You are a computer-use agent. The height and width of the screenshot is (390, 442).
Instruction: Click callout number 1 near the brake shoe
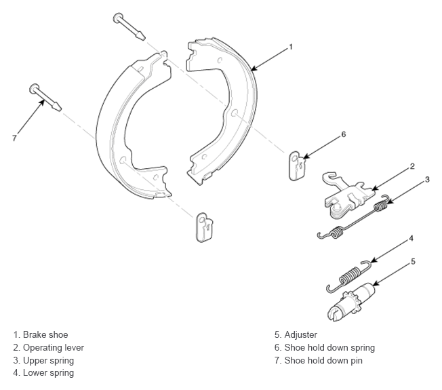[x=291, y=47]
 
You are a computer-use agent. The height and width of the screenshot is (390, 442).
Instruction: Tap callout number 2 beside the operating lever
[x=412, y=166]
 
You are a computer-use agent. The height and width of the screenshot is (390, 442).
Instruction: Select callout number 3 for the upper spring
[x=427, y=179]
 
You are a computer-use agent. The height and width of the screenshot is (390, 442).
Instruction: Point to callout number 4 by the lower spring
[x=411, y=238]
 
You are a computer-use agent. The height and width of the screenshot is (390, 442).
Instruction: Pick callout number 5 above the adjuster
[x=413, y=262]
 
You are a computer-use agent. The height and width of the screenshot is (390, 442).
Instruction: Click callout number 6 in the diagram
[x=343, y=134]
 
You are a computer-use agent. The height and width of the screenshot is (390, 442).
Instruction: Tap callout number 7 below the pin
[x=14, y=138]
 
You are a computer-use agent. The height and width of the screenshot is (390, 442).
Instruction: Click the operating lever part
[x=349, y=195]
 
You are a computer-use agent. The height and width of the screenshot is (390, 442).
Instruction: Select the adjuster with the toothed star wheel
[x=352, y=302]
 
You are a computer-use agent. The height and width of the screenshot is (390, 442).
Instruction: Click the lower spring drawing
[x=348, y=276]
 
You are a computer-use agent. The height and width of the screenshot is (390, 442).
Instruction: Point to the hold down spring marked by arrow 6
[x=297, y=165]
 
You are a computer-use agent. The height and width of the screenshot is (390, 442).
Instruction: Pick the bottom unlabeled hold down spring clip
[x=204, y=227]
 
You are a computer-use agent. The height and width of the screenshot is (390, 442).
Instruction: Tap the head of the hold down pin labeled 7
[x=34, y=89]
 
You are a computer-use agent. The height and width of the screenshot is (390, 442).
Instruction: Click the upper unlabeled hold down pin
[x=129, y=26]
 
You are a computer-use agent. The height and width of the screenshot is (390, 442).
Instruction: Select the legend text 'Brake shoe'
[x=45, y=335]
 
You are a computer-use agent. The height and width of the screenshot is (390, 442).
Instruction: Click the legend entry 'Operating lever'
[x=54, y=347]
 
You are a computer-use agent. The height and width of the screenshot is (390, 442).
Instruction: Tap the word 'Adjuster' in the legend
[x=301, y=335]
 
